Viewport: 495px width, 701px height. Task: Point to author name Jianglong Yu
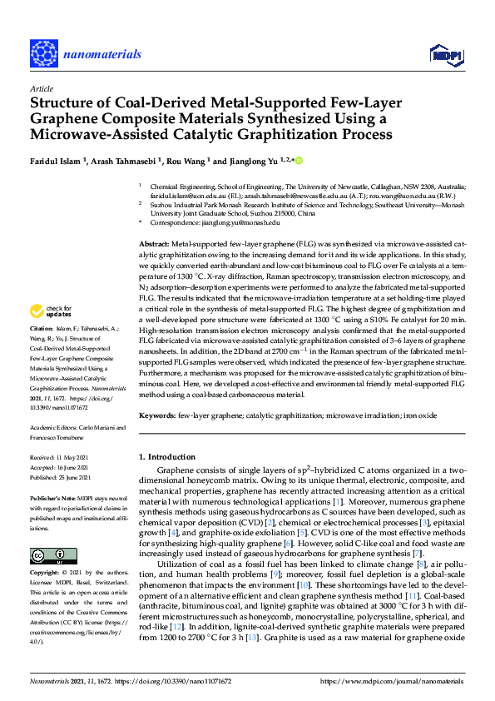point(247,162)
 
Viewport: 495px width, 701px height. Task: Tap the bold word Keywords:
point(156,415)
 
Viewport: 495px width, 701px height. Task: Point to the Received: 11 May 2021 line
point(61,457)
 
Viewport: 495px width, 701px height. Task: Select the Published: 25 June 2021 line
point(62,479)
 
